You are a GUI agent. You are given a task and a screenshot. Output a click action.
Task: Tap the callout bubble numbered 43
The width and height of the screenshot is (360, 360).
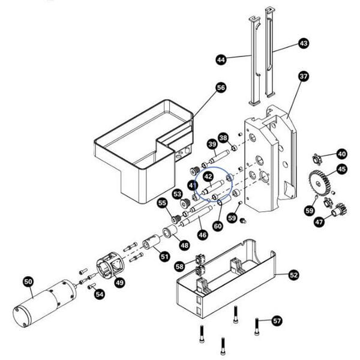304,44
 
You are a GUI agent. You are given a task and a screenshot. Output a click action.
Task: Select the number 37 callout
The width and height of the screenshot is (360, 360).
304,77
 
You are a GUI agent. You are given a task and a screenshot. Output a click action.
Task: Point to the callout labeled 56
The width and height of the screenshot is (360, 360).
221,88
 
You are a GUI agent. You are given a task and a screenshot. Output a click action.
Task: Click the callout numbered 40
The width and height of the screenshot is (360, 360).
341,153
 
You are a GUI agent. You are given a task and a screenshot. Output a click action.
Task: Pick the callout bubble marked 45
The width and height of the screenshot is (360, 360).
341,169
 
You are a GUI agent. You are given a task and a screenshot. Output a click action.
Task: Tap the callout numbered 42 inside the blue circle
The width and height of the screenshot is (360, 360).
208,176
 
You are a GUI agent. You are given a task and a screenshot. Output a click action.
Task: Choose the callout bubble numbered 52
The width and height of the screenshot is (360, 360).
293,275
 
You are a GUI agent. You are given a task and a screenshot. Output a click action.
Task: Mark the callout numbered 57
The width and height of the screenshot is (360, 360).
277,320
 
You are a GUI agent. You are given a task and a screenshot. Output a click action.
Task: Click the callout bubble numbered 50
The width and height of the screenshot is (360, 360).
28,281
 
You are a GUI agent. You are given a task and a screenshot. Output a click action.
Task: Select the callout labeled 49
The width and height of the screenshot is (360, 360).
120,283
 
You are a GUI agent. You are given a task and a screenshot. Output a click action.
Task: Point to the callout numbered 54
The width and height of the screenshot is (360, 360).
100,294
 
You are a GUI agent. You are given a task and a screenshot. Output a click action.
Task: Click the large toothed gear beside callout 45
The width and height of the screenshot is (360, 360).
320,182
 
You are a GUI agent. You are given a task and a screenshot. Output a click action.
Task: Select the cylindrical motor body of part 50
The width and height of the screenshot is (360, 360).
45,304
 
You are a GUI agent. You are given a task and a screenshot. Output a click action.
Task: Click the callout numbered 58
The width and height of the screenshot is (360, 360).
179,266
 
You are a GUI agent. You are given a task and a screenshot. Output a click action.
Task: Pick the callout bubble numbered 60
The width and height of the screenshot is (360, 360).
218,226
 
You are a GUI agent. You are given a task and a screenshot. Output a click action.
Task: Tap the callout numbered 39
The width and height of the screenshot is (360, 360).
212,144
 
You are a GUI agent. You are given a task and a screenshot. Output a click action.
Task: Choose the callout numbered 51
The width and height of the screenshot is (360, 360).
164,257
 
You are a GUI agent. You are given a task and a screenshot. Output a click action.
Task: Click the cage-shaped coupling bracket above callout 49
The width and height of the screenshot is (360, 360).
110,267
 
